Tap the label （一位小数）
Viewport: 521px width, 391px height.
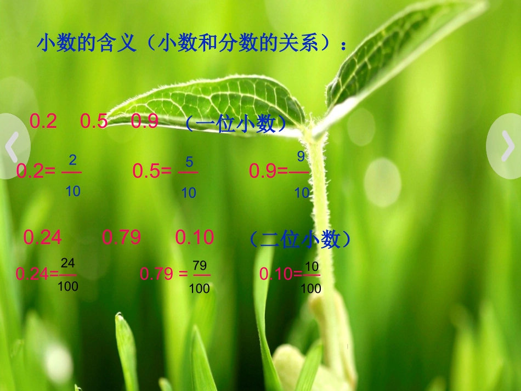click(x=236, y=124)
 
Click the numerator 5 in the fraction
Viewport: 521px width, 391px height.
click(x=189, y=162)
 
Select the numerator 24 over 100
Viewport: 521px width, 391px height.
click(x=67, y=262)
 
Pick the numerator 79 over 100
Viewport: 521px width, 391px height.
click(x=200, y=266)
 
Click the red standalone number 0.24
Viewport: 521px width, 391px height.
click(x=42, y=237)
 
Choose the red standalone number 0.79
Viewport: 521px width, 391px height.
click(x=121, y=237)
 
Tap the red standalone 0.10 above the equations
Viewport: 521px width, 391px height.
click(x=194, y=237)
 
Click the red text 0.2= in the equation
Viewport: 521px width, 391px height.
click(x=36, y=171)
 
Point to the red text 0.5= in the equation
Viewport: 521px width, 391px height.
click(x=152, y=171)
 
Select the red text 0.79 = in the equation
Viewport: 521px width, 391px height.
click(x=164, y=273)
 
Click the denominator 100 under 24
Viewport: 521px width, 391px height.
click(x=68, y=286)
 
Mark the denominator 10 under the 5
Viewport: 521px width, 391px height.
click(x=189, y=192)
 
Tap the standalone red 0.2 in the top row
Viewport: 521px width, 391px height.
click(x=43, y=121)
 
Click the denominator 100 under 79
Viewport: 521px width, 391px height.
click(x=200, y=288)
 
